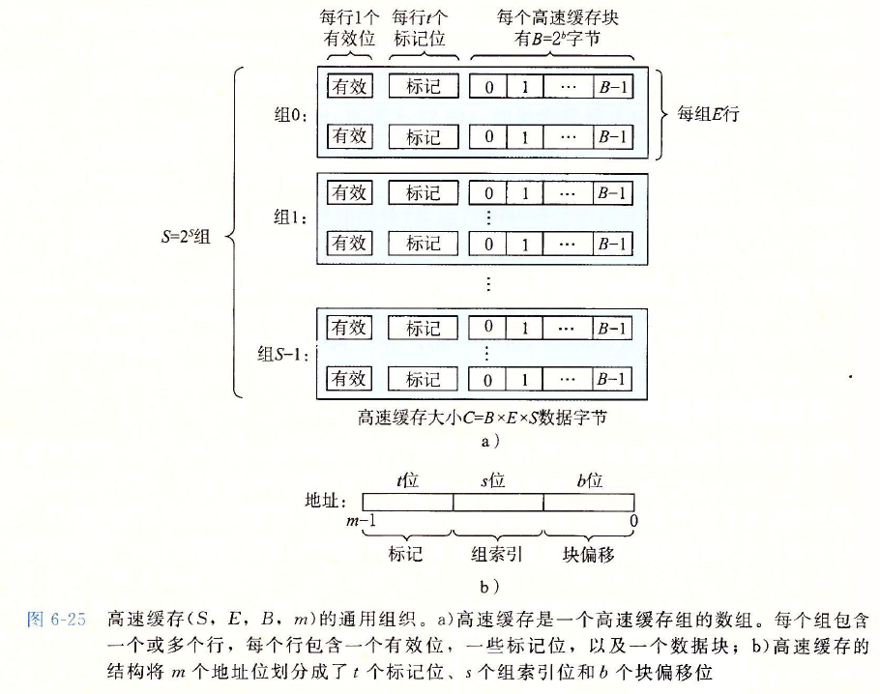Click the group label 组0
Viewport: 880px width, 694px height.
pos(288,115)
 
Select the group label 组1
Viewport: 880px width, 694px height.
pos(288,218)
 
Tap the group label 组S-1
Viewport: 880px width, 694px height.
pos(281,355)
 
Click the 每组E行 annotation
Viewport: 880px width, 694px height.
pos(708,114)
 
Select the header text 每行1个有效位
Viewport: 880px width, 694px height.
pos(348,29)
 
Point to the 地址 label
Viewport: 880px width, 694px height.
pos(335,501)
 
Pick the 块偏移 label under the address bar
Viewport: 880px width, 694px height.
pos(589,554)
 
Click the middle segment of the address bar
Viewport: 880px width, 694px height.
pos(498,502)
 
